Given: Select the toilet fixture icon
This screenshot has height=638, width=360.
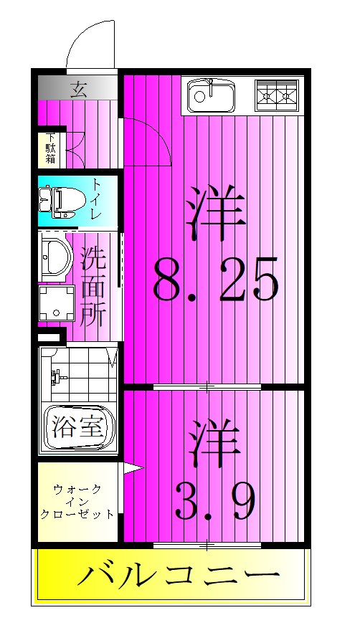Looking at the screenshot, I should [62, 201].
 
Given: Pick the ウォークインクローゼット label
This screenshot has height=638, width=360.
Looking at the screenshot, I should [77, 502].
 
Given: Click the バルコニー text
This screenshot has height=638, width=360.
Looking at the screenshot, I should [176, 575].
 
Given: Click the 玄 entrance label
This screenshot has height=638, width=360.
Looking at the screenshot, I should [79, 89].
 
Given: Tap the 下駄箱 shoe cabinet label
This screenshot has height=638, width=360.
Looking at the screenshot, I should [51, 148].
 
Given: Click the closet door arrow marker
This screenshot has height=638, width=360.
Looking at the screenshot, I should [132, 470].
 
